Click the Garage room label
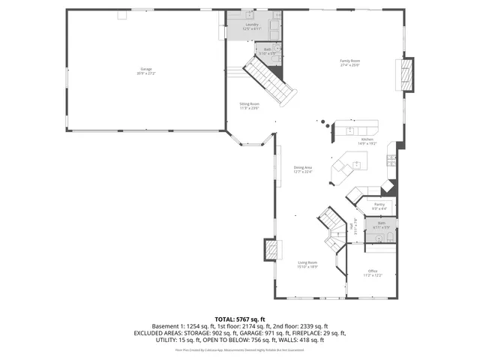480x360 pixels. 145,69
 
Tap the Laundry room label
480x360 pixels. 252,25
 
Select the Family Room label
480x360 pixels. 349,61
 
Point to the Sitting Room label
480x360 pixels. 250,103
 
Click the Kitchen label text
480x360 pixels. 367,139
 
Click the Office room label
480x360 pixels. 373,271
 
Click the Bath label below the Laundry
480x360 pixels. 267,49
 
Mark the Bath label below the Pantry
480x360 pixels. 381,223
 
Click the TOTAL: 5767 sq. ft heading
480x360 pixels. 240,319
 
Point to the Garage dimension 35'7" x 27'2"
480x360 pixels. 145,73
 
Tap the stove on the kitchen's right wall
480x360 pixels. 391,158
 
